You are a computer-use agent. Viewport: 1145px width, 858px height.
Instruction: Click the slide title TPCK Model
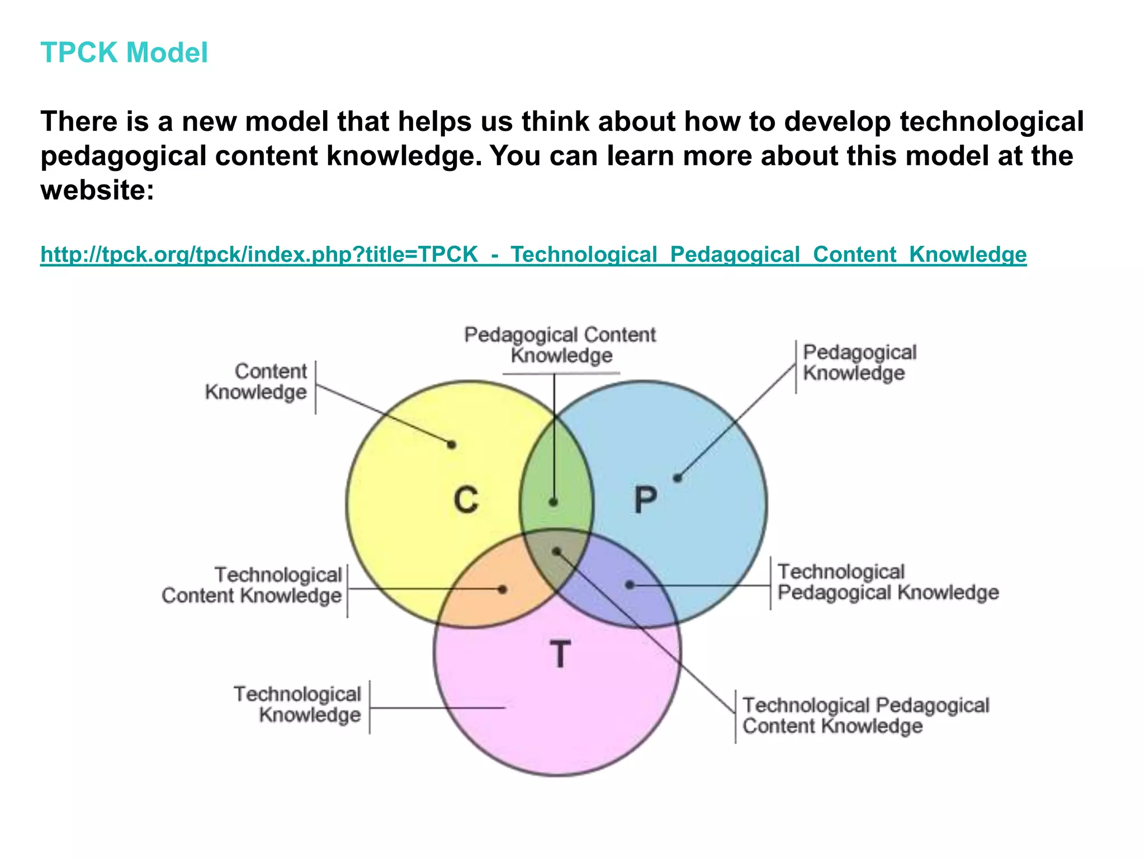124,53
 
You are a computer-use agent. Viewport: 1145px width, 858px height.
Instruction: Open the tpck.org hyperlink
533,254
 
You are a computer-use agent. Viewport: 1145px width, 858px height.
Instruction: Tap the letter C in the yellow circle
466,499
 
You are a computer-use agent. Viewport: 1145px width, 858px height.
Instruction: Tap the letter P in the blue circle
645,499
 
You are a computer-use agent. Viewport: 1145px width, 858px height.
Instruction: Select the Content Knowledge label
257,382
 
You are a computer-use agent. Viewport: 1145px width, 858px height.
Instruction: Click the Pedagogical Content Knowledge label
560,345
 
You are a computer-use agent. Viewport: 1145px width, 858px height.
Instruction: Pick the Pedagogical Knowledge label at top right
859,363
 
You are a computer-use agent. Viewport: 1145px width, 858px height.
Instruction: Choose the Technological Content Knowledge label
252,585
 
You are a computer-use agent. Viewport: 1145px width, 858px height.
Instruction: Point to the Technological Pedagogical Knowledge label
888,582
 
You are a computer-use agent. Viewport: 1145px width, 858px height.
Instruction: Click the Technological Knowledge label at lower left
297,704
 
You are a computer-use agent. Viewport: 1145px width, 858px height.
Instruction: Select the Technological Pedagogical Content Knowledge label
865,716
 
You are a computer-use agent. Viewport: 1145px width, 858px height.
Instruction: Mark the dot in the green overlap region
553,502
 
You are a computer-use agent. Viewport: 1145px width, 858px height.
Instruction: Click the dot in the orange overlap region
503,589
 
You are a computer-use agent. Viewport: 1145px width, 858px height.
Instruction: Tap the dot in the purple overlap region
630,585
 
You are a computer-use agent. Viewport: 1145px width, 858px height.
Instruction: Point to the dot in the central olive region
557,552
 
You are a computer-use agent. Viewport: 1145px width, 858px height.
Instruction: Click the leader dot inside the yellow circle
452,445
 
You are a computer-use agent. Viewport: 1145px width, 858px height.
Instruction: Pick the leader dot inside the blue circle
678,478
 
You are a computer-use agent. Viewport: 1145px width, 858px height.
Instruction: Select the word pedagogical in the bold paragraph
124,156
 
